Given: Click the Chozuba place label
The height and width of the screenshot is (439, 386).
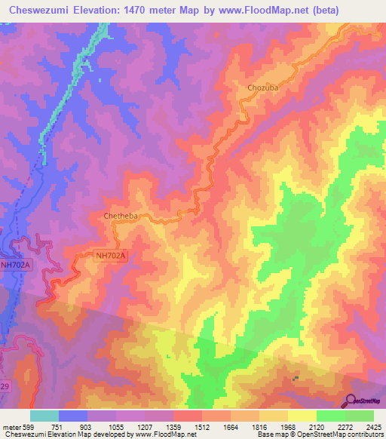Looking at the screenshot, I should click(262, 87).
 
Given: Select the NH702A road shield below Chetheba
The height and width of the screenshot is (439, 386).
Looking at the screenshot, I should click(112, 256).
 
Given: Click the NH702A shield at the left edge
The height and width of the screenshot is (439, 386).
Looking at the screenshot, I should click(16, 265).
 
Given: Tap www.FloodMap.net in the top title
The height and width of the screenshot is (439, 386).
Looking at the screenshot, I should click(256, 11).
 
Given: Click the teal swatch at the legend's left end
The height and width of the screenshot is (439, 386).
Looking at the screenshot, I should click(44, 415).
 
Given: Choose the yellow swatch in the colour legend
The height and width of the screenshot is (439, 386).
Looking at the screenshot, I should click(302, 415).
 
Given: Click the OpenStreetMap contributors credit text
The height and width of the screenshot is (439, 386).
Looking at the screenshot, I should click(337, 434).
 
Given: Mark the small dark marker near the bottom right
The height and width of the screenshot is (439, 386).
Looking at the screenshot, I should click(296, 379).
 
